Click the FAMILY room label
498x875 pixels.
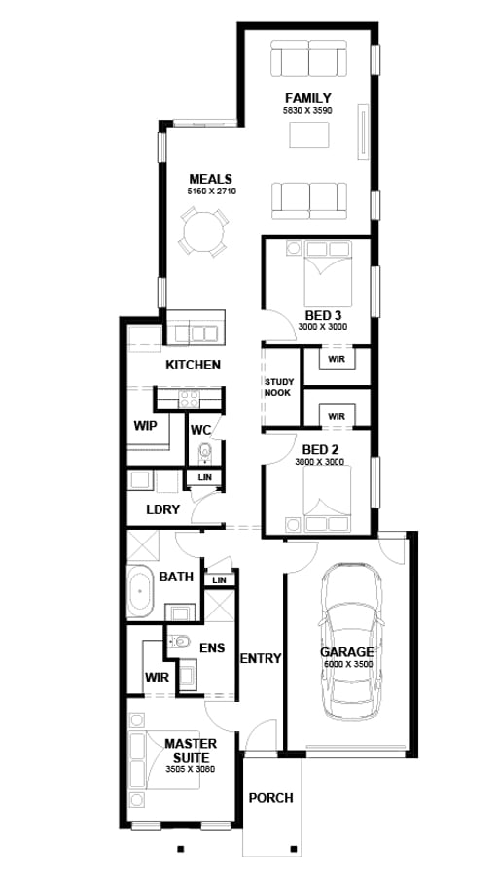[307, 98]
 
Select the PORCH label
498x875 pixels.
[270, 798]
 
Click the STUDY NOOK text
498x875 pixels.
[278, 388]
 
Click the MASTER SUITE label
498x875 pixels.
[191, 750]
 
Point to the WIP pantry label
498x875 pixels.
[145, 426]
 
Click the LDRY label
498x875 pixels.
[160, 509]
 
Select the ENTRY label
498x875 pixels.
[260, 658]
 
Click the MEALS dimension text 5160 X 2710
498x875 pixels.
[212, 192]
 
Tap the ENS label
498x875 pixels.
[212, 647]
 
